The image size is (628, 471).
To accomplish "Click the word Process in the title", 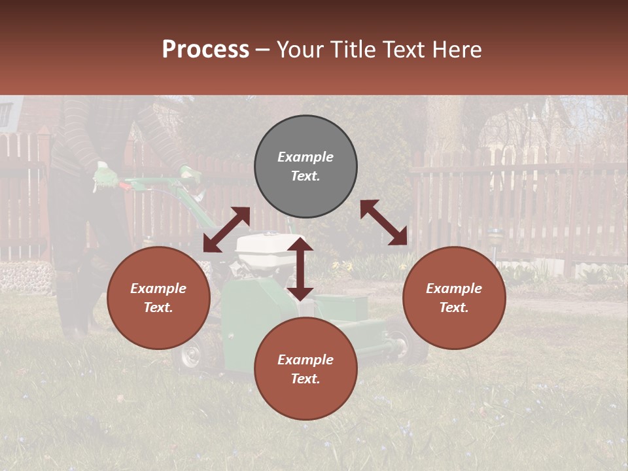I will (205, 50).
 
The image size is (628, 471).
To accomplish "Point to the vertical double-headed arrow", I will (300, 269).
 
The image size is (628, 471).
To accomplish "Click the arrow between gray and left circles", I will (226, 230).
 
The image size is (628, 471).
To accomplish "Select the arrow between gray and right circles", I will (384, 222).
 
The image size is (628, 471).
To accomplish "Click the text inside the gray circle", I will (305, 166).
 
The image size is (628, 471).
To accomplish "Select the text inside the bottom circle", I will (305, 369).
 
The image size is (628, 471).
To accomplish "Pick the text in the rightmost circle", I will (454, 298).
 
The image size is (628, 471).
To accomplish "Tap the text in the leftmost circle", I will (158, 298).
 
